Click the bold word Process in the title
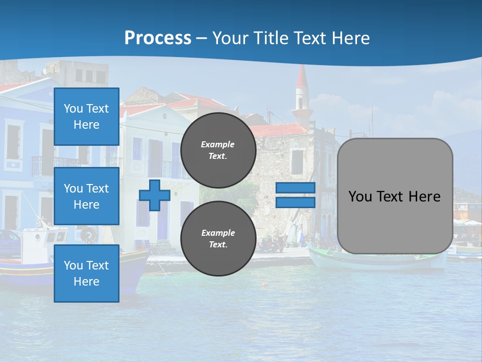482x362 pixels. [158, 38]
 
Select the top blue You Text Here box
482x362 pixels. [86, 117]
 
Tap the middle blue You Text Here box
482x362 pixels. [86, 196]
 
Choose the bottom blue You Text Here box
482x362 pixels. [86, 274]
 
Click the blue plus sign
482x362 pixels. [155, 195]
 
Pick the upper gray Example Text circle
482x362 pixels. [218, 150]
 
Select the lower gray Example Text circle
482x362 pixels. [218, 238]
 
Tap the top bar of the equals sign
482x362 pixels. [295, 188]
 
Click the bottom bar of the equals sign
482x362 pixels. [295, 202]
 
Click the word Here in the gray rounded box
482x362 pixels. [424, 197]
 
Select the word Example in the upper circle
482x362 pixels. [218, 144]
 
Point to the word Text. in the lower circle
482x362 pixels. [218, 245]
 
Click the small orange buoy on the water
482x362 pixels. [263, 284]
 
